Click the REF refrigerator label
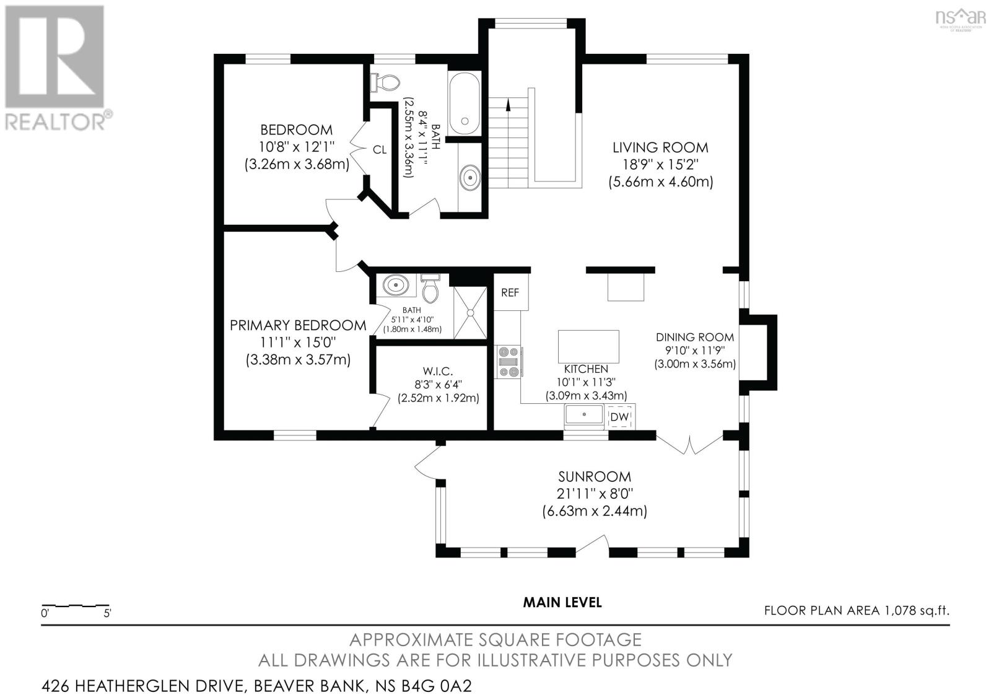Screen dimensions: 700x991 click(510, 292)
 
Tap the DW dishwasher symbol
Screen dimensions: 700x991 click(619, 418)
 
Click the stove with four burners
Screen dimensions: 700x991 click(509, 361)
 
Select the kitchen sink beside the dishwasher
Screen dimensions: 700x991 click(583, 416)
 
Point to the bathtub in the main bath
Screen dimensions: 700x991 click(464, 103)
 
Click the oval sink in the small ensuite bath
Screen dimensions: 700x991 click(395, 286)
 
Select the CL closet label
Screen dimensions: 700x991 click(379, 149)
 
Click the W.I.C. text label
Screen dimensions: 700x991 click(439, 371)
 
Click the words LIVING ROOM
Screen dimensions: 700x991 click(660, 147)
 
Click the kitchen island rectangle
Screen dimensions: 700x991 click(588, 346)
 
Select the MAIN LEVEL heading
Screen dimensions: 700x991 click(562, 602)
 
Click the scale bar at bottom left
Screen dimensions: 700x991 click(76, 605)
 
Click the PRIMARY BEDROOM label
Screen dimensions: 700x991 click(298, 325)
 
